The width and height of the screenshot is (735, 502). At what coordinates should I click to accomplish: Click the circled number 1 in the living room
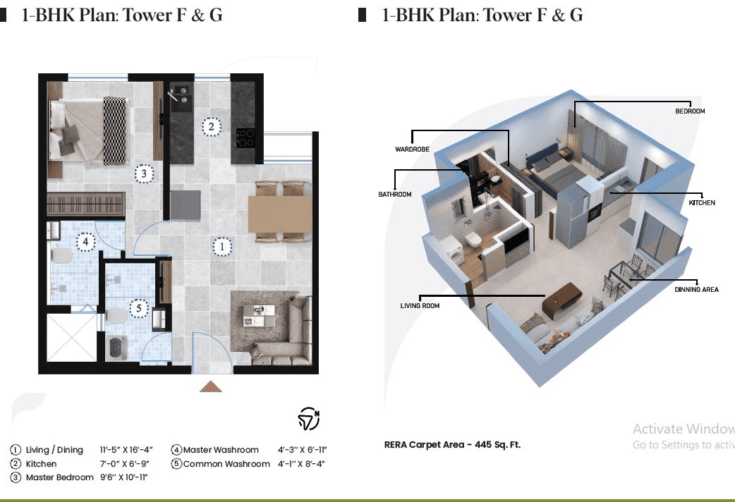[221, 247]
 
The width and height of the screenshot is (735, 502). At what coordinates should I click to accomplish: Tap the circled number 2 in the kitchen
[210, 127]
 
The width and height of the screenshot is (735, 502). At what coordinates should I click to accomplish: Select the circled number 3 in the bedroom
[143, 173]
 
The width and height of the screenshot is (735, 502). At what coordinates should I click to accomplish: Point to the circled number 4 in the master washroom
[86, 242]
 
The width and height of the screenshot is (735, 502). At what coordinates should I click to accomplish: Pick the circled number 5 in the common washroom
[139, 308]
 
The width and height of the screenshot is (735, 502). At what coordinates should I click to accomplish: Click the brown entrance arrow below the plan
[211, 386]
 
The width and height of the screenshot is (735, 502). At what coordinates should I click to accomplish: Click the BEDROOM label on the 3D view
[690, 111]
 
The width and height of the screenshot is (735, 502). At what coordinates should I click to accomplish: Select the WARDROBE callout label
[412, 149]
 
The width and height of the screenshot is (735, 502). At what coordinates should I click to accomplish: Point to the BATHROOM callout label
[395, 195]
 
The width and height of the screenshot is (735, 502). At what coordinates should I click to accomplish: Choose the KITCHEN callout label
[702, 203]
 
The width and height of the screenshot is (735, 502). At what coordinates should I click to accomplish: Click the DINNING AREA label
[695, 290]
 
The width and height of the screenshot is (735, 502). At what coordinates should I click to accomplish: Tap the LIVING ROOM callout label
[420, 306]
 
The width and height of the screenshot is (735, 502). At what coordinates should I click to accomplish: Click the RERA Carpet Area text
[452, 445]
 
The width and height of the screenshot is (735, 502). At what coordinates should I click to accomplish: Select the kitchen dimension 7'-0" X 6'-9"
[121, 464]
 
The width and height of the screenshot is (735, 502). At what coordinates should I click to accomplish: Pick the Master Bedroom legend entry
[59, 477]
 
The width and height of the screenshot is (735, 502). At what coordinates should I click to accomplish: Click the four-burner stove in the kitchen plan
[245, 137]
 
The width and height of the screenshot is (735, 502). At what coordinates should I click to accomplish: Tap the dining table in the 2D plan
[279, 214]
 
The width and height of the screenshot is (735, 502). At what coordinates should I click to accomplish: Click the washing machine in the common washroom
[115, 348]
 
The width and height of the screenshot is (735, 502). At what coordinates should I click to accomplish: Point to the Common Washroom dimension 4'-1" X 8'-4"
[302, 464]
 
